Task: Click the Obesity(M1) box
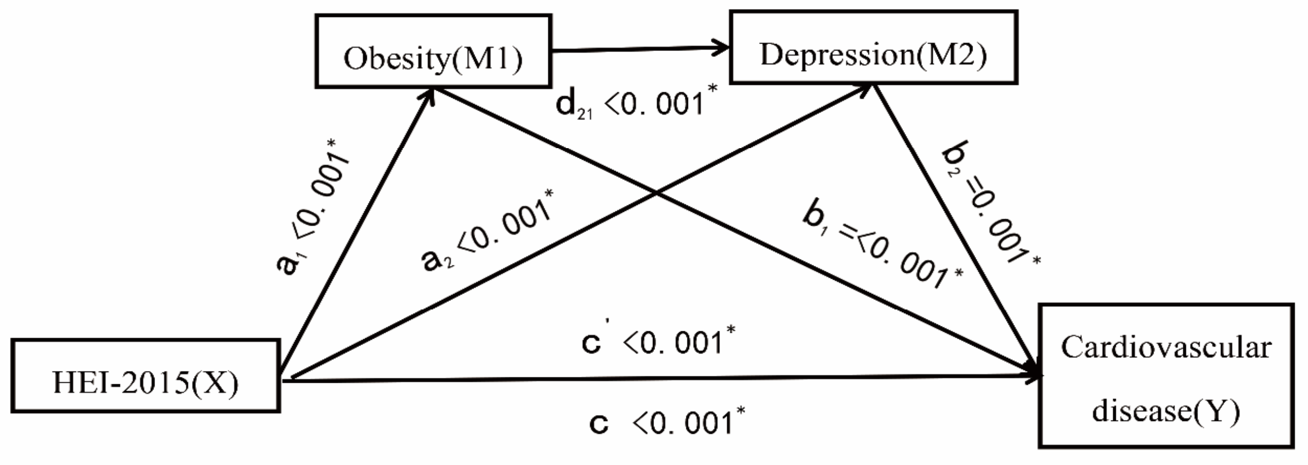(433, 51)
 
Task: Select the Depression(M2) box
(873, 48)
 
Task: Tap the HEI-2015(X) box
(145, 376)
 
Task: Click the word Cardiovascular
(1166, 348)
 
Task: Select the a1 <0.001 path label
(313, 207)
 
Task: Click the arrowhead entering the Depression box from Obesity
(723, 48)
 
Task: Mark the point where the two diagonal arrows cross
(657, 194)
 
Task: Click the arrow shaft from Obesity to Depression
(637, 49)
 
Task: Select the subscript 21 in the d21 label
(584, 114)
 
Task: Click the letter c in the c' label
(591, 344)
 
